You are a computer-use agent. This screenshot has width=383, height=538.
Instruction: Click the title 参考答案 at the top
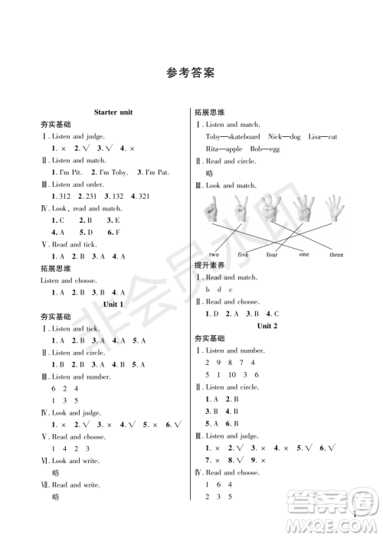pos(190,73)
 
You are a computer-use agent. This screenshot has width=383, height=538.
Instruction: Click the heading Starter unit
pos(113,112)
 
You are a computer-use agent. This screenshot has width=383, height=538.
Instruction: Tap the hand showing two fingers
pos(241,210)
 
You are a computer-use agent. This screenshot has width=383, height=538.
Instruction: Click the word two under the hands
pos(214,254)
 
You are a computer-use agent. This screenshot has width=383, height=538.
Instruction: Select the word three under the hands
pos(336,254)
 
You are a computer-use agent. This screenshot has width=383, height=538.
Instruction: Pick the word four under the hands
pos(272,254)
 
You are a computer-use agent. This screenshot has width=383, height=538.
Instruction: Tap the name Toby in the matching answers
pos(214,136)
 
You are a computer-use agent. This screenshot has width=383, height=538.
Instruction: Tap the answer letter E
pos(116,220)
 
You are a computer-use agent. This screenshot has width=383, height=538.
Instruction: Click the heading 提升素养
pos(208,266)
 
